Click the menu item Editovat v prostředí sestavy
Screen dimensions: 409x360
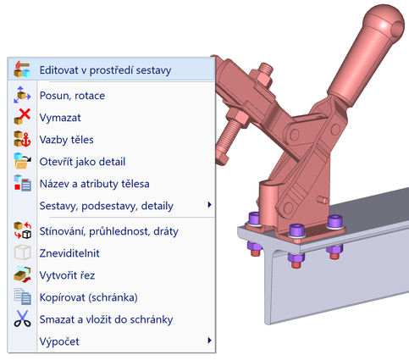click(105, 70)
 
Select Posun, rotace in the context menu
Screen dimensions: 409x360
click(72, 96)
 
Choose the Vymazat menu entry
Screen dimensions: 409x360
click(60, 118)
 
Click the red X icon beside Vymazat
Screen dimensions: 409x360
click(25, 114)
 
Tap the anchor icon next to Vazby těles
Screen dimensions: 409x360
click(26, 141)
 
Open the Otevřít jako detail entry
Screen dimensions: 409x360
click(82, 162)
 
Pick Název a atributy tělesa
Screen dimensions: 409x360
click(95, 184)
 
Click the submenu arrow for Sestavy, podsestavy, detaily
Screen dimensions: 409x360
click(209, 205)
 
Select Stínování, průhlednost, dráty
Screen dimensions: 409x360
click(109, 231)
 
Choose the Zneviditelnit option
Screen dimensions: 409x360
click(69, 253)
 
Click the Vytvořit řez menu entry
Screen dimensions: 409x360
click(67, 275)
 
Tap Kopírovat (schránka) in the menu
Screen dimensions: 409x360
click(89, 297)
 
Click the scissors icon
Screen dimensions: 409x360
click(22, 318)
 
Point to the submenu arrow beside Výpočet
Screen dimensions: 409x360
click(209, 341)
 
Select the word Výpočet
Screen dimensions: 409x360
click(59, 341)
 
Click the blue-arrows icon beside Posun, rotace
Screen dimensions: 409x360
click(22, 95)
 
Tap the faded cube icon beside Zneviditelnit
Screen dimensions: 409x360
click(22, 252)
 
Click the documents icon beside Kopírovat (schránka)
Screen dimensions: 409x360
click(22, 296)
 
